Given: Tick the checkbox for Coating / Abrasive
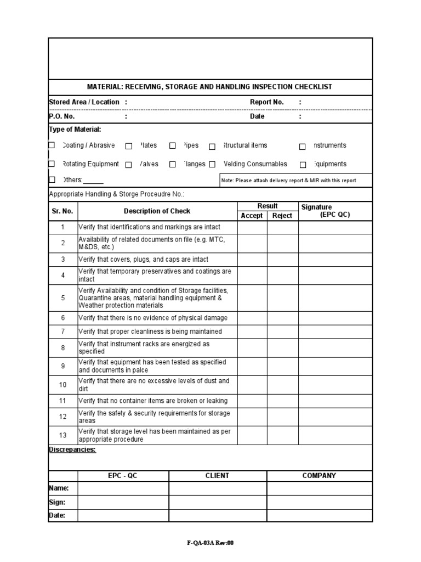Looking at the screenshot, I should coord(52,145).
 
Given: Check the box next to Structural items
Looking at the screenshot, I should coord(212,146).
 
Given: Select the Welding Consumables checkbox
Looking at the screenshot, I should coord(212,164).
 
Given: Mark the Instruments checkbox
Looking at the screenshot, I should coord(302,146).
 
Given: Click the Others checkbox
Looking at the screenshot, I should coord(52,179).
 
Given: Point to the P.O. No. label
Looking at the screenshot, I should coord(62,116).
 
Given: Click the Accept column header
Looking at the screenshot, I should coord(252,216).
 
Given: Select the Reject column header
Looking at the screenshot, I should coord(282,216).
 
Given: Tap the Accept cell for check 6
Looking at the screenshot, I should coord(252,318).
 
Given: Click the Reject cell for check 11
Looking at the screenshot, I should coord(283,401).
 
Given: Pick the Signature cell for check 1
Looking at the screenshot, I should coord(335,227).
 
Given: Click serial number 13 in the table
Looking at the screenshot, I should coord(62,435).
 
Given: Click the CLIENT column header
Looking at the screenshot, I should coord(217,476).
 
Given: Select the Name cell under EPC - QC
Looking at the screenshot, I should coord(123,488).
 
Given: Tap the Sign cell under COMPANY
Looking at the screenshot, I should coord(319,502).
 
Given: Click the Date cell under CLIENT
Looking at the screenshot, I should coord(217,515).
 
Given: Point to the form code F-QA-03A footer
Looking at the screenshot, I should coord(210,543).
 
